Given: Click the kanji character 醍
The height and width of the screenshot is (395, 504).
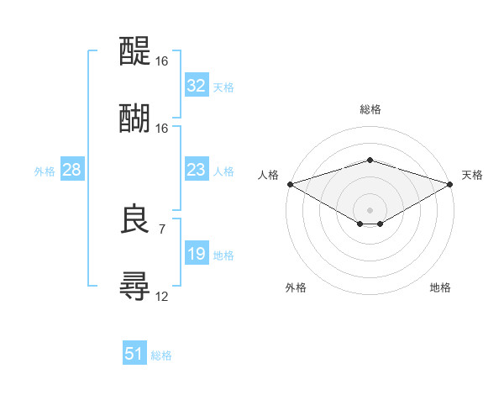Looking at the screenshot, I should pyautogui.click(x=134, y=50).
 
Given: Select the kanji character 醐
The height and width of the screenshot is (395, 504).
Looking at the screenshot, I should pyautogui.click(x=134, y=117).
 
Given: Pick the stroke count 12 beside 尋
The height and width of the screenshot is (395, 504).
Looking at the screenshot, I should pyautogui.click(x=161, y=296).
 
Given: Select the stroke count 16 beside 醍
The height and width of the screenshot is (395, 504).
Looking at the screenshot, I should pyautogui.click(x=161, y=61).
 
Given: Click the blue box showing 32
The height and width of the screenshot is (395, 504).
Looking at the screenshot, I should pyautogui.click(x=196, y=86).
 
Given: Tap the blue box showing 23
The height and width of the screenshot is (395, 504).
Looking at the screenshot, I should pyautogui.click(x=196, y=170).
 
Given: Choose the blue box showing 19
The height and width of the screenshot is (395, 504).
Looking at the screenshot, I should pyautogui.click(x=196, y=254).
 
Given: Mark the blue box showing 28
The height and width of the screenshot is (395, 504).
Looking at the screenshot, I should pyautogui.click(x=71, y=170).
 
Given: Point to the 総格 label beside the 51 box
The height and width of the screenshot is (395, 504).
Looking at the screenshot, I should pyautogui.click(x=161, y=355).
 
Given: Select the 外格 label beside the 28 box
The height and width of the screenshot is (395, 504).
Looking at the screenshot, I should pyautogui.click(x=45, y=171).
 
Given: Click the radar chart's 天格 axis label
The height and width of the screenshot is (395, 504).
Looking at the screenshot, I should pyautogui.click(x=473, y=175).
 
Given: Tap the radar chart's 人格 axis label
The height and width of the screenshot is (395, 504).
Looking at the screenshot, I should pyautogui.click(x=268, y=175).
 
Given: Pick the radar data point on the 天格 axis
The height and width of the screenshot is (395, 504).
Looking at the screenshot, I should pyautogui.click(x=450, y=184).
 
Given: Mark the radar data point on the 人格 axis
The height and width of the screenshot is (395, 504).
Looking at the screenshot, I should pyautogui.click(x=290, y=184).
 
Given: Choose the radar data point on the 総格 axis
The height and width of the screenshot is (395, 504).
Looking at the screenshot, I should pyautogui.click(x=370, y=161).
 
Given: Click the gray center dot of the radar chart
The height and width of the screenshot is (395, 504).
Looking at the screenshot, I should pyautogui.click(x=370, y=209).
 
